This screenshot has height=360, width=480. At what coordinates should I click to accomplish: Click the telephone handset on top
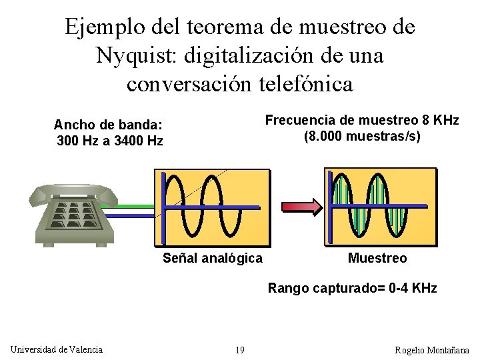(73, 193)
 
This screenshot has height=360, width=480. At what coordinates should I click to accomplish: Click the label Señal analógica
(213, 258)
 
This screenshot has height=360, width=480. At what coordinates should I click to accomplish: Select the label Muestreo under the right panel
(377, 258)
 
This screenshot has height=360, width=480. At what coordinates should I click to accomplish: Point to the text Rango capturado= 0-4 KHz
(352, 289)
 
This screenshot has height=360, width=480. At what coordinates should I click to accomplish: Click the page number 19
(240, 350)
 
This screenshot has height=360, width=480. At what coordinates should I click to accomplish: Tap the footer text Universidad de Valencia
(57, 349)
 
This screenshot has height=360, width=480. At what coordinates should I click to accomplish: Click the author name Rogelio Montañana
(432, 350)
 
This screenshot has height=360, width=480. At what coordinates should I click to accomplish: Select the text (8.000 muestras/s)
(362, 137)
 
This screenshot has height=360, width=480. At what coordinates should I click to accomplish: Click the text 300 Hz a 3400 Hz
(110, 141)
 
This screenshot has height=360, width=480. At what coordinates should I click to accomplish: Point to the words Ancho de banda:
(108, 125)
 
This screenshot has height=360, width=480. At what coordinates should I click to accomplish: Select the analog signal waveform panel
(212, 206)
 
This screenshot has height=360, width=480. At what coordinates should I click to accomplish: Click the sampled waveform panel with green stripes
(380, 206)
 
